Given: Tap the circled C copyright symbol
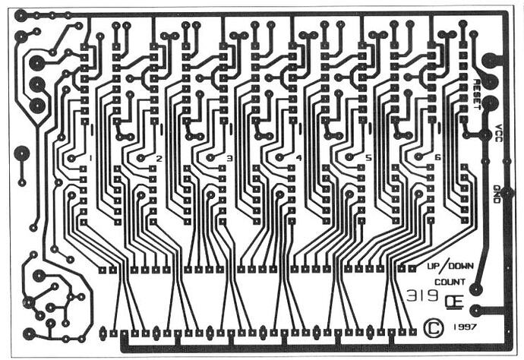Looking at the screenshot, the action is [x=434, y=327].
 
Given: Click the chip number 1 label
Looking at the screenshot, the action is [x=90, y=158].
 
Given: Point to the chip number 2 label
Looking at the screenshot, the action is [x=159, y=159].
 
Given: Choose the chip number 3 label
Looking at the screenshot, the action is [x=229, y=159].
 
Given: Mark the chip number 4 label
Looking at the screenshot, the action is [x=298, y=159].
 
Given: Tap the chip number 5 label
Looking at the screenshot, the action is [x=368, y=159].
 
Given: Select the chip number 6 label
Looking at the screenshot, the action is [x=437, y=158].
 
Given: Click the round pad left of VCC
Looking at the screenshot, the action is [x=485, y=135].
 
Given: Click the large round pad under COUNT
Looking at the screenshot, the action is [x=475, y=289].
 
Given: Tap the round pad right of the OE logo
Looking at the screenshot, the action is [x=475, y=310].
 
